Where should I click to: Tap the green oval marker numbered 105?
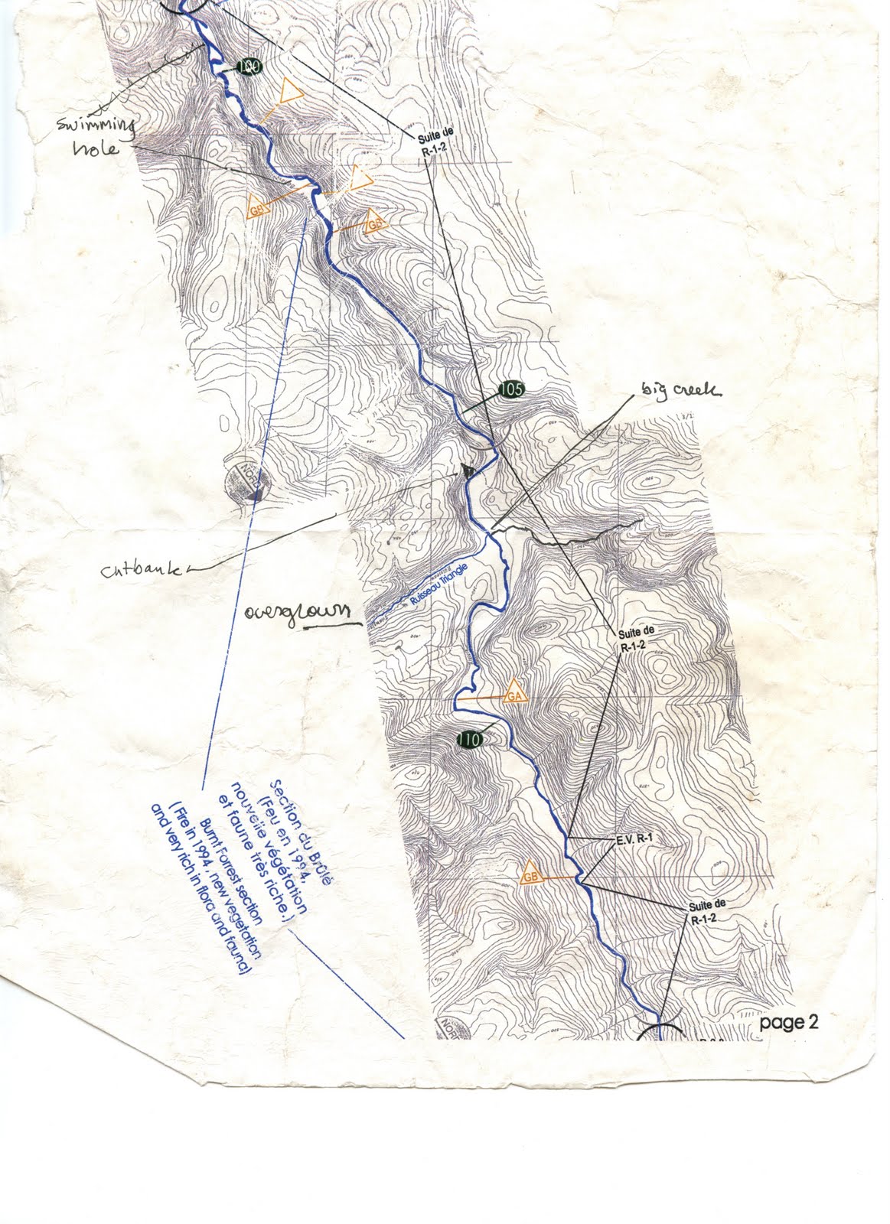(x=511, y=390)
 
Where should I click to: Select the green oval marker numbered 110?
(x=469, y=740)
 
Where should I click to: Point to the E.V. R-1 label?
(x=632, y=838)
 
